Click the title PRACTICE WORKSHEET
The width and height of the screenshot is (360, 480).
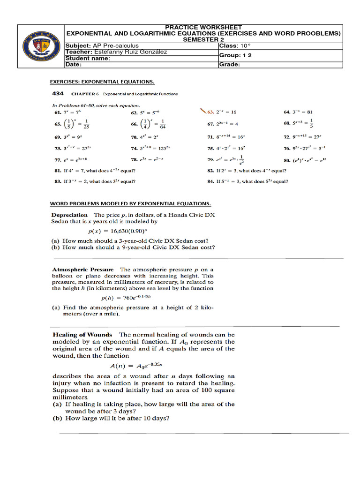[x=203, y=28]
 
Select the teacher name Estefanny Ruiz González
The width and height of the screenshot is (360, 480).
[x=130, y=52]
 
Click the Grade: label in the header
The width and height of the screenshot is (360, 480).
[x=230, y=65]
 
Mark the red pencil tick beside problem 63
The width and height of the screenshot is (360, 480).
[x=202, y=111]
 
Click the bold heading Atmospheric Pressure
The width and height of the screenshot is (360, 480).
[x=82, y=270]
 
